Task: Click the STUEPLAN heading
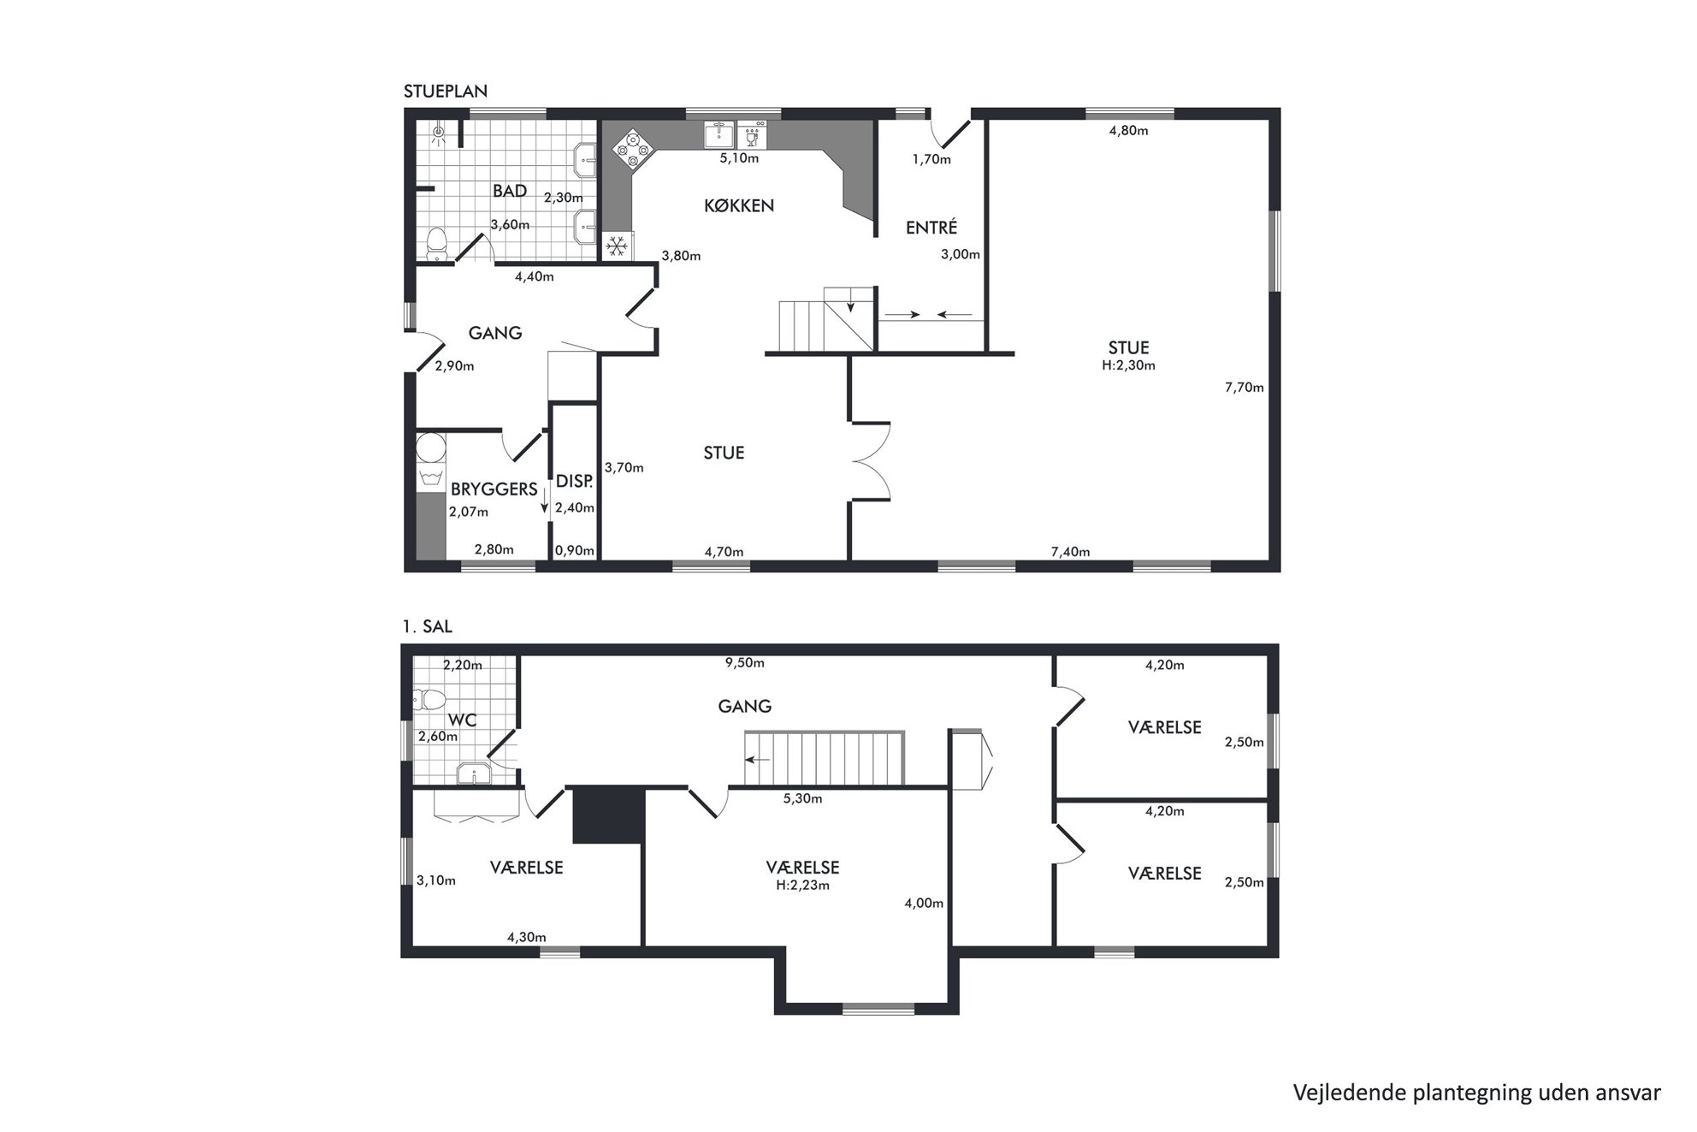coord(446,92)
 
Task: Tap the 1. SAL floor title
coord(427,626)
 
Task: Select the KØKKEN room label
coord(739,205)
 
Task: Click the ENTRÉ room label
coord(931,227)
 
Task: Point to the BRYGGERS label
coord(494,489)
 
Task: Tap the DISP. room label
coord(574,481)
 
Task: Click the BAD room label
coord(510,191)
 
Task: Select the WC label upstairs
coord(463,720)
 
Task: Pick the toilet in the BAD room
coord(438,243)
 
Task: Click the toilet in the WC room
coord(430,700)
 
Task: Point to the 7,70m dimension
coord(1245,387)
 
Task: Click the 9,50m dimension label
coord(745,662)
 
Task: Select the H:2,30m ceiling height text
coord(1129,365)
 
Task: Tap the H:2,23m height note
coord(803,885)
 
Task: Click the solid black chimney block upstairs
coord(608,815)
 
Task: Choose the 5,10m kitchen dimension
coord(739,158)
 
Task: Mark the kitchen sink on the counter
coord(719,134)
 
